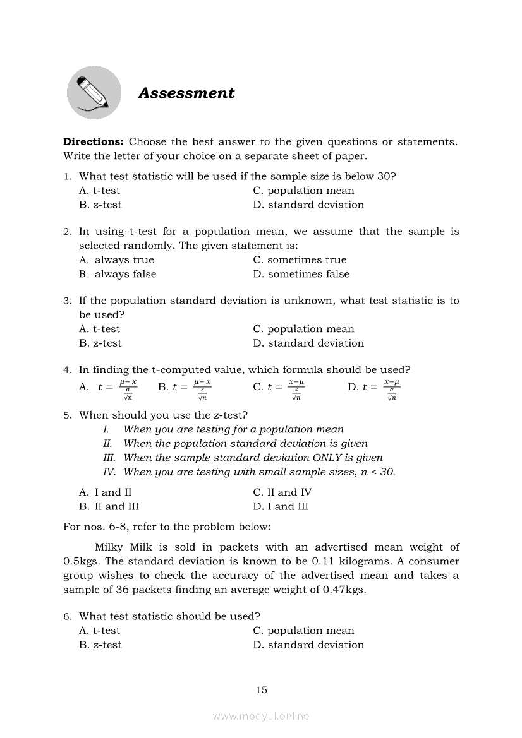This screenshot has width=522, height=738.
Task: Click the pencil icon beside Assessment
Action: pyautogui.click(x=94, y=93)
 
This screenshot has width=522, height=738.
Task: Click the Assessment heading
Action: pyautogui.click(x=186, y=93)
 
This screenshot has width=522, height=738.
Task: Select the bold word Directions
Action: pyautogui.click(x=94, y=142)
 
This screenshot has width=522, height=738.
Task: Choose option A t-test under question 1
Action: pyautogui.click(x=99, y=191)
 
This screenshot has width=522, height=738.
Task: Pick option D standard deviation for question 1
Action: pyautogui.click(x=308, y=205)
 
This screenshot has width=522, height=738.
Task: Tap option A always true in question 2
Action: pyautogui.click(x=116, y=260)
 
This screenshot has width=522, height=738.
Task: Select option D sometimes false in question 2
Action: pyautogui.click(x=301, y=274)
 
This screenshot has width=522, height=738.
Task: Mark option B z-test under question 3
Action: pyautogui.click(x=100, y=343)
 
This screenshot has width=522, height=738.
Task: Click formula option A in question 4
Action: pyautogui.click(x=109, y=388)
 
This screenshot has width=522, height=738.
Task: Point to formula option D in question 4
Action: pyautogui.click(x=374, y=388)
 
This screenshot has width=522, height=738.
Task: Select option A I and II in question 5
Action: pyautogui.click(x=106, y=492)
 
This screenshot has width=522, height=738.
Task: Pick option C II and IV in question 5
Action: pyautogui.click(x=282, y=492)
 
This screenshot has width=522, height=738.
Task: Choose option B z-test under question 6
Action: pyautogui.click(x=100, y=645)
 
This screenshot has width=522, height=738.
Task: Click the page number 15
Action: pyautogui.click(x=262, y=690)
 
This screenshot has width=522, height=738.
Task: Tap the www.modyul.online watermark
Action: pyautogui.click(x=261, y=716)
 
